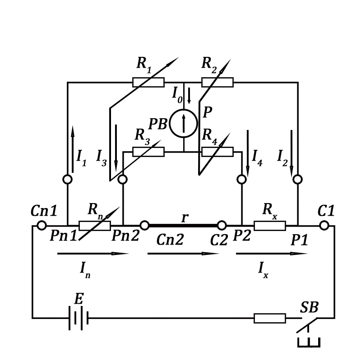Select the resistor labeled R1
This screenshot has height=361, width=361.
148,82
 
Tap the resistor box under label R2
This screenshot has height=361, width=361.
218,82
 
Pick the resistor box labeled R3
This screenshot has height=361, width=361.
148,152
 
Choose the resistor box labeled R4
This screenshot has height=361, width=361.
218,152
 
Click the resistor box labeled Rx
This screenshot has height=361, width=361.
270,226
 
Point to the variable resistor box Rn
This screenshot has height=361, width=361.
95,226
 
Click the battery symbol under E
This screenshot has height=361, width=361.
79,318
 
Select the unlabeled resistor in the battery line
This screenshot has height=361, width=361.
270,318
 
